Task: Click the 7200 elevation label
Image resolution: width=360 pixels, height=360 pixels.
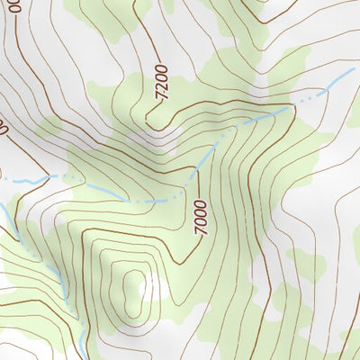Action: (x=161, y=81)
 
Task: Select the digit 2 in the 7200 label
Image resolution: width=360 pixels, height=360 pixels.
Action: (x=160, y=85)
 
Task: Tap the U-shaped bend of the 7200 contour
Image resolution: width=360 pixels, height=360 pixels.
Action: (x=148, y=113)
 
